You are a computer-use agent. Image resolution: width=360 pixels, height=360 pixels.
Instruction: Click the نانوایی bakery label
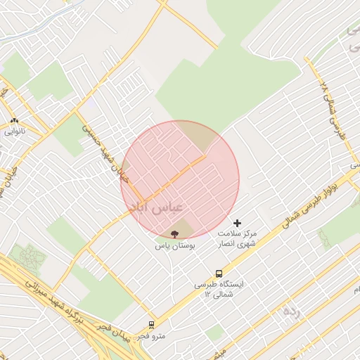point(15,131)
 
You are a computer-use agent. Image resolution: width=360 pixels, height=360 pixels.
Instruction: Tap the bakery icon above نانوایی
point(15,121)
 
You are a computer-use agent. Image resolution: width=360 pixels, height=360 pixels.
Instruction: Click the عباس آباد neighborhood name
point(156,207)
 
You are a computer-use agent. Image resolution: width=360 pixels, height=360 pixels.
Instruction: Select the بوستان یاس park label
point(176,247)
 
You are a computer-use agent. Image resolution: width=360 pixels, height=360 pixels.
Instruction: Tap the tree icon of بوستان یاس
point(175,234)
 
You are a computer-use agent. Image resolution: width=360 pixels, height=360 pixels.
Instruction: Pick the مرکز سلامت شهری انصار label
point(237,238)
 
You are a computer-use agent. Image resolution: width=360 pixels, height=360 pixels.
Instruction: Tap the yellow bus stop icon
point(219,274)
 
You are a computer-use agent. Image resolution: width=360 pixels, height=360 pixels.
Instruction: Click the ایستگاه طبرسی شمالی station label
point(219,285)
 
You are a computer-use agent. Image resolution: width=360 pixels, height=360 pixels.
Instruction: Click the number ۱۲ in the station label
point(206,295)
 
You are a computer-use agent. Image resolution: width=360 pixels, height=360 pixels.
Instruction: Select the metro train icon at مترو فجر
point(151,325)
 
